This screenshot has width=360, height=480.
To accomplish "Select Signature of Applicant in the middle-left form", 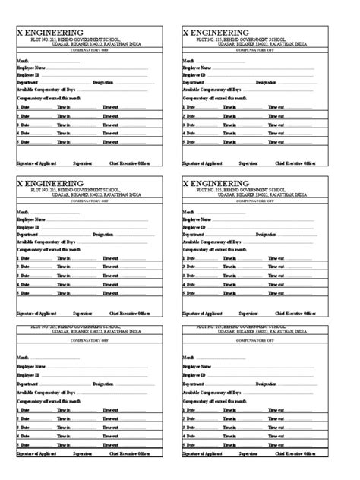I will pyautogui.click(x=36, y=313).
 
